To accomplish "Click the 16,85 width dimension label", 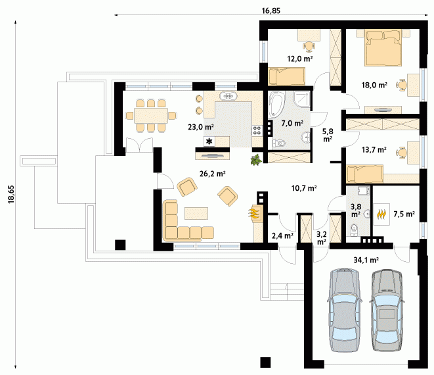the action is point(271,11).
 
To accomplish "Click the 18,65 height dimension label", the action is point(11,195).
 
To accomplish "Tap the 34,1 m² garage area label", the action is point(366,260).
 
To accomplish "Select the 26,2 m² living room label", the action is point(212,174).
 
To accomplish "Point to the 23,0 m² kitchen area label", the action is point(201,127).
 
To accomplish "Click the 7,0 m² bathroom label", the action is point(292,123).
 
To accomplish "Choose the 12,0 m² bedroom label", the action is point(300,59).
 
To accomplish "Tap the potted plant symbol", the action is point(256,161).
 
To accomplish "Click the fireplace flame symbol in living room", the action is point(253,213).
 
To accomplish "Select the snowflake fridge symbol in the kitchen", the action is point(209,141).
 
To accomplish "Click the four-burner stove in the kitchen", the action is point(257,130).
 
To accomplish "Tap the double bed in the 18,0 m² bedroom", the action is point(383,48).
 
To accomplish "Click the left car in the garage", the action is point(344,310).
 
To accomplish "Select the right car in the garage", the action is point(387,310).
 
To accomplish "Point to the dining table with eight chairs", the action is point(151,115).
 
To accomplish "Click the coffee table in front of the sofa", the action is point(196,213).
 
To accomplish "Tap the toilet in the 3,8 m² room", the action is point(354,230).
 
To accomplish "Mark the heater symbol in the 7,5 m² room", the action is point(381,214).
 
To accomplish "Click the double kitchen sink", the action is point(228,96).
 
